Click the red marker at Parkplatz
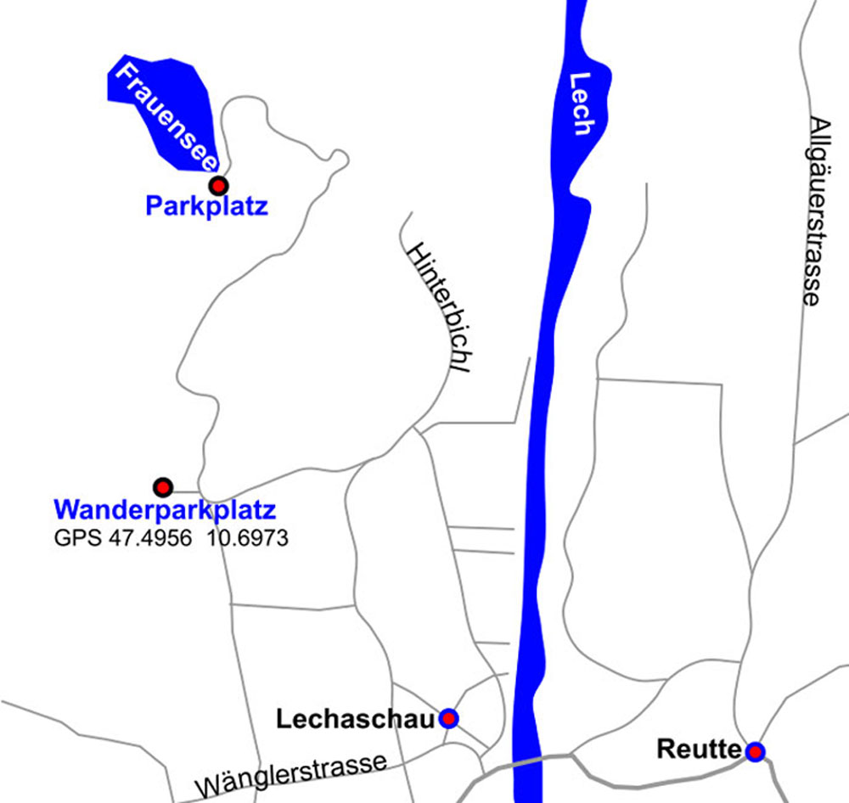219,185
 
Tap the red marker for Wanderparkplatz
162,487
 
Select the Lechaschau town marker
448,719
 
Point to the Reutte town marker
755,751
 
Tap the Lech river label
581,104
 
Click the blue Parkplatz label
206,206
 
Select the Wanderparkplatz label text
165,511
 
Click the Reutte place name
699,750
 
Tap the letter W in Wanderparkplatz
65,511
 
